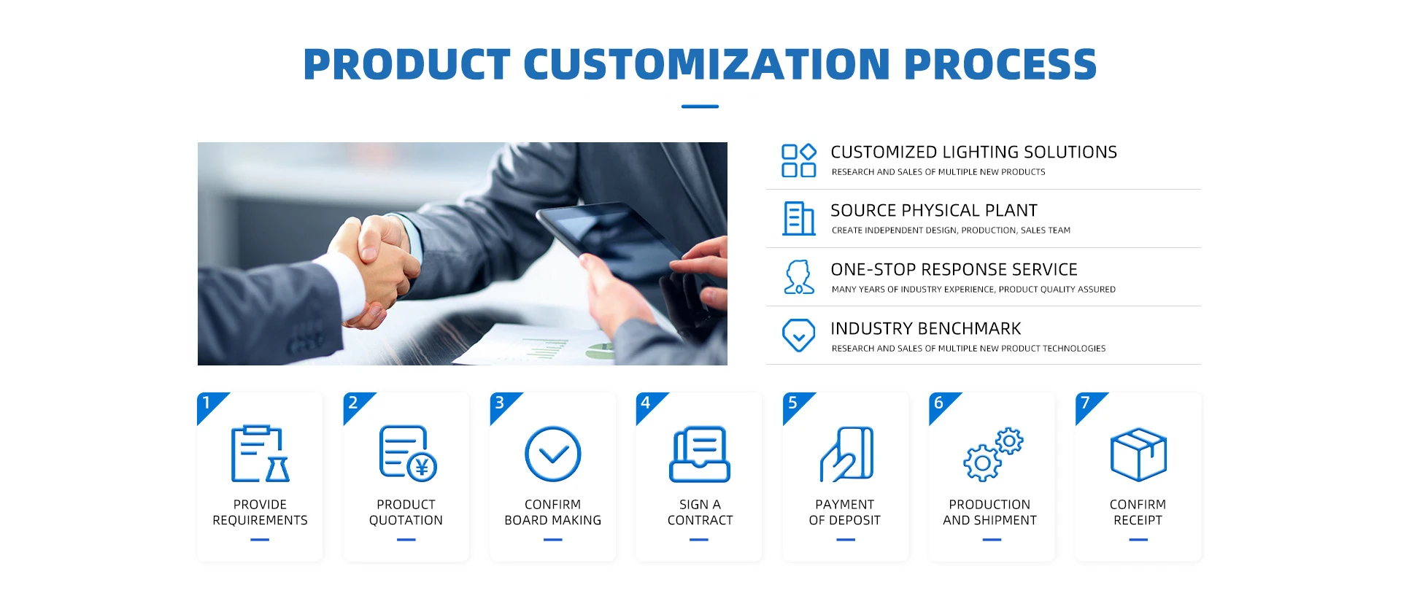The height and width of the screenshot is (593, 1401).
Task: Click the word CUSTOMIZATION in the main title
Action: [706, 64]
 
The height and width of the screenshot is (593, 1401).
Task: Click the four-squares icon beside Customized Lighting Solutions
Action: [799, 160]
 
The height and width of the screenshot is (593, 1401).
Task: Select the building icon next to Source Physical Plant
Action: [799, 218]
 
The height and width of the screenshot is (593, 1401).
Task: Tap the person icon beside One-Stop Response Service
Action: [799, 277]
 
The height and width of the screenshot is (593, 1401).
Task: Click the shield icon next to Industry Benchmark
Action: [799, 335]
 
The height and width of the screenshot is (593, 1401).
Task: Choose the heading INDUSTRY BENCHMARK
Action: [925, 329]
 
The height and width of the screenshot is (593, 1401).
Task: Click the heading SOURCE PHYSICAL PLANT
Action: [933, 211]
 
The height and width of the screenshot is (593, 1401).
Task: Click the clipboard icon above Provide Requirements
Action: [260, 454]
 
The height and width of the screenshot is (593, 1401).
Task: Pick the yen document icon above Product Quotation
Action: [407, 454]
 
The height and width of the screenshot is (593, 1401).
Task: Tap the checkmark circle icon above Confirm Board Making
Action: [553, 454]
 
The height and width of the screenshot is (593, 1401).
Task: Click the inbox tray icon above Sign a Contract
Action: [700, 454]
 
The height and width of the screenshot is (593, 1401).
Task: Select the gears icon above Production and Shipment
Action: [993, 454]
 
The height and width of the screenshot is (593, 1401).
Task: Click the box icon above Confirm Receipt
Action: [1138, 454]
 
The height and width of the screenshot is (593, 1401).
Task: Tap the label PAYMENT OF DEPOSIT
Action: [845, 512]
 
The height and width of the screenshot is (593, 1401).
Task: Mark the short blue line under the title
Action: [700, 106]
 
